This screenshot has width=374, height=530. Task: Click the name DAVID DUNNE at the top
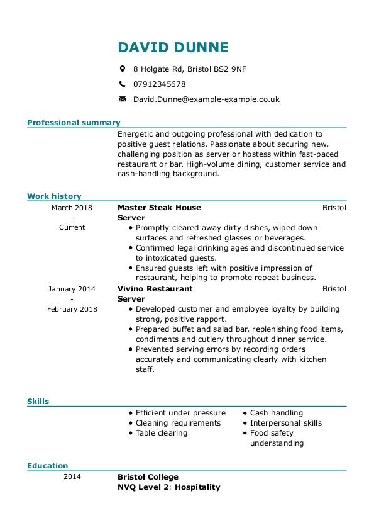173,47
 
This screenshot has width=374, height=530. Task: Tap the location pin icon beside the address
123,69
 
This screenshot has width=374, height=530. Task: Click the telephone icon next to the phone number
123,84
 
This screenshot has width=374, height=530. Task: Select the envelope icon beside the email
123,99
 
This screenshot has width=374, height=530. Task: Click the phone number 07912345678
159,84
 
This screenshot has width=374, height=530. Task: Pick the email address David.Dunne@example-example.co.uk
206,99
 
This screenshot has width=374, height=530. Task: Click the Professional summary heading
74,123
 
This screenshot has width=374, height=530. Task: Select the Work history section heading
54,196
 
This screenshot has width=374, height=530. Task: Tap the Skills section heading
38,401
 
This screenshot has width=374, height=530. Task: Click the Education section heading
47,466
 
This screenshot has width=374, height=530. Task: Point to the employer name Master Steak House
159,207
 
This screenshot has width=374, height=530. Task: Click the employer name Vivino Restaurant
155,289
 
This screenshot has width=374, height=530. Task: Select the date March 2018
72,207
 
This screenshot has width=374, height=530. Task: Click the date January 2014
72,289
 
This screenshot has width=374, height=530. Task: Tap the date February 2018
72,309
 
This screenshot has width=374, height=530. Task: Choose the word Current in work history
72,227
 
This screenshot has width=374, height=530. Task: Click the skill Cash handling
277,413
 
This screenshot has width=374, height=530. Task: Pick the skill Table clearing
162,433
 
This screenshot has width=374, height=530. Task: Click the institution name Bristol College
148,477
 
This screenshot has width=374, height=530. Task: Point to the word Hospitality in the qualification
199,487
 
